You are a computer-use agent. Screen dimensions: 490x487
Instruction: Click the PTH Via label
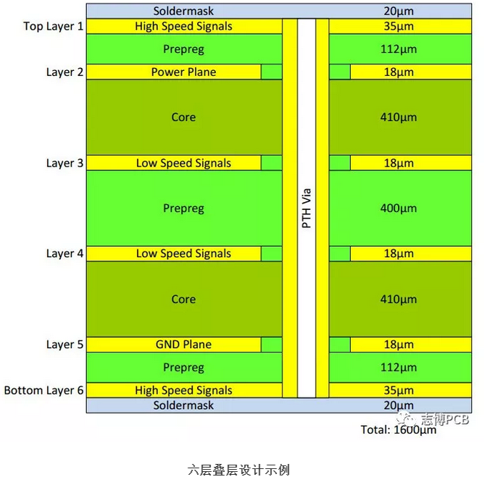[306, 208]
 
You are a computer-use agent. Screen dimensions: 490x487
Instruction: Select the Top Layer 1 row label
[54, 27]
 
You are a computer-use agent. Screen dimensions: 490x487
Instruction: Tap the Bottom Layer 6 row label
[44, 391]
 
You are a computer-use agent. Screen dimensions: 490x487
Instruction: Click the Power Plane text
[183, 72]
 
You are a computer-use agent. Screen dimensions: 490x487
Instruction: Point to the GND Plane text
[183, 345]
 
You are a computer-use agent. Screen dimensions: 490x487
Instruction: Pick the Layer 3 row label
[65, 164]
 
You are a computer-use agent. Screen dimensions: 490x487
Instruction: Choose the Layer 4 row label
[65, 254]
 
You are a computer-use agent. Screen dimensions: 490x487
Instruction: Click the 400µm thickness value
[399, 208]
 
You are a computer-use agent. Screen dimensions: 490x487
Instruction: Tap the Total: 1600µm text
[399, 430]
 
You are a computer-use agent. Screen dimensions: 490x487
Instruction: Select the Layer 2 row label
[65, 72]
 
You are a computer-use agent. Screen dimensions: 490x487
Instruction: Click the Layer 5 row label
[65, 345]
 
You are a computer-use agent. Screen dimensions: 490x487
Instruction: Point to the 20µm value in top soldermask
[399, 11]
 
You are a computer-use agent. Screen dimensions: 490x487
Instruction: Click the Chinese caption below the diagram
[238, 470]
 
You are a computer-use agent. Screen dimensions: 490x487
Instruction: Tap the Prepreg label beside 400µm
[183, 208]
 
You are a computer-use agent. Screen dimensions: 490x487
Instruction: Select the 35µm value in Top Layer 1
[399, 27]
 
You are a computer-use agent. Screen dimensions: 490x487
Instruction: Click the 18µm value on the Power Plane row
[399, 72]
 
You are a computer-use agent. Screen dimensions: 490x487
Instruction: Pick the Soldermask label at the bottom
[183, 405]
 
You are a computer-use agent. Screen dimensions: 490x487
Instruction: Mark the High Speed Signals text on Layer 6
[183, 391]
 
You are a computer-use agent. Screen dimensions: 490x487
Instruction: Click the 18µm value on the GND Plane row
[399, 345]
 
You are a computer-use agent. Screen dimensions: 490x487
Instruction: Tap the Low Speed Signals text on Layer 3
[183, 164]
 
